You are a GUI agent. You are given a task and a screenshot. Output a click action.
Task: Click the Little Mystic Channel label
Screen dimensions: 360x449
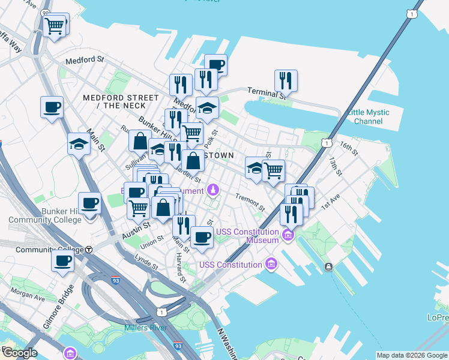pyautogui.click(x=368, y=116)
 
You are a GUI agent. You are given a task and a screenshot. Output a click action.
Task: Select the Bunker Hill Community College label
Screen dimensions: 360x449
pyautogui.click(x=44, y=216)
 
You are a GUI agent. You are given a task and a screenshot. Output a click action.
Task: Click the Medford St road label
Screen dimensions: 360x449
pyautogui.click(x=85, y=60)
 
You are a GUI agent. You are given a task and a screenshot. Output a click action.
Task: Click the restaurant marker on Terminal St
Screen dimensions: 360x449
pyautogui.click(x=286, y=80)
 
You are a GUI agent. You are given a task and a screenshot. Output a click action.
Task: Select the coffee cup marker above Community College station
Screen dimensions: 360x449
pyautogui.click(x=63, y=260)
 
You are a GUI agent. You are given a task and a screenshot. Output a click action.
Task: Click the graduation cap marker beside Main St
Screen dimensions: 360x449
pyautogui.click(x=79, y=143)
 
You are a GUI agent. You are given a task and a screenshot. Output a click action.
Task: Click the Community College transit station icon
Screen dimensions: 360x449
pyautogui.click(x=89, y=250)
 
